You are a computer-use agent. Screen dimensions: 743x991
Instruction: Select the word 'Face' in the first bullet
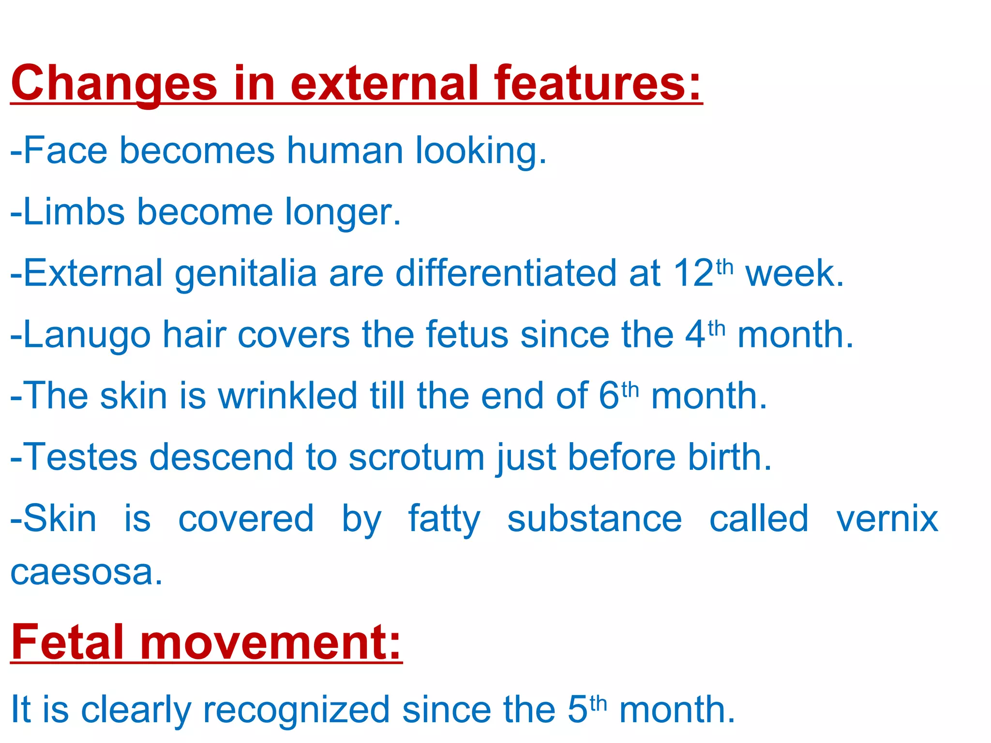point(65,150)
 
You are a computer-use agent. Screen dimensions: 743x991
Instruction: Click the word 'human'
point(345,150)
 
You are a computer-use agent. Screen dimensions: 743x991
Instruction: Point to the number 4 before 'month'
point(695,335)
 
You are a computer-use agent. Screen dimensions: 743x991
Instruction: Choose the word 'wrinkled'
point(287,396)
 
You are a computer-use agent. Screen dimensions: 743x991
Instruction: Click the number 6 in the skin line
point(609,396)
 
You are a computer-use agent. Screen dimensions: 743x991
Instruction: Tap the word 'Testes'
point(80,457)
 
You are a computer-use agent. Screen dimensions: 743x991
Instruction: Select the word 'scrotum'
point(417,458)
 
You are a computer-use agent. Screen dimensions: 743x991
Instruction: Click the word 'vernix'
point(887,519)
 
